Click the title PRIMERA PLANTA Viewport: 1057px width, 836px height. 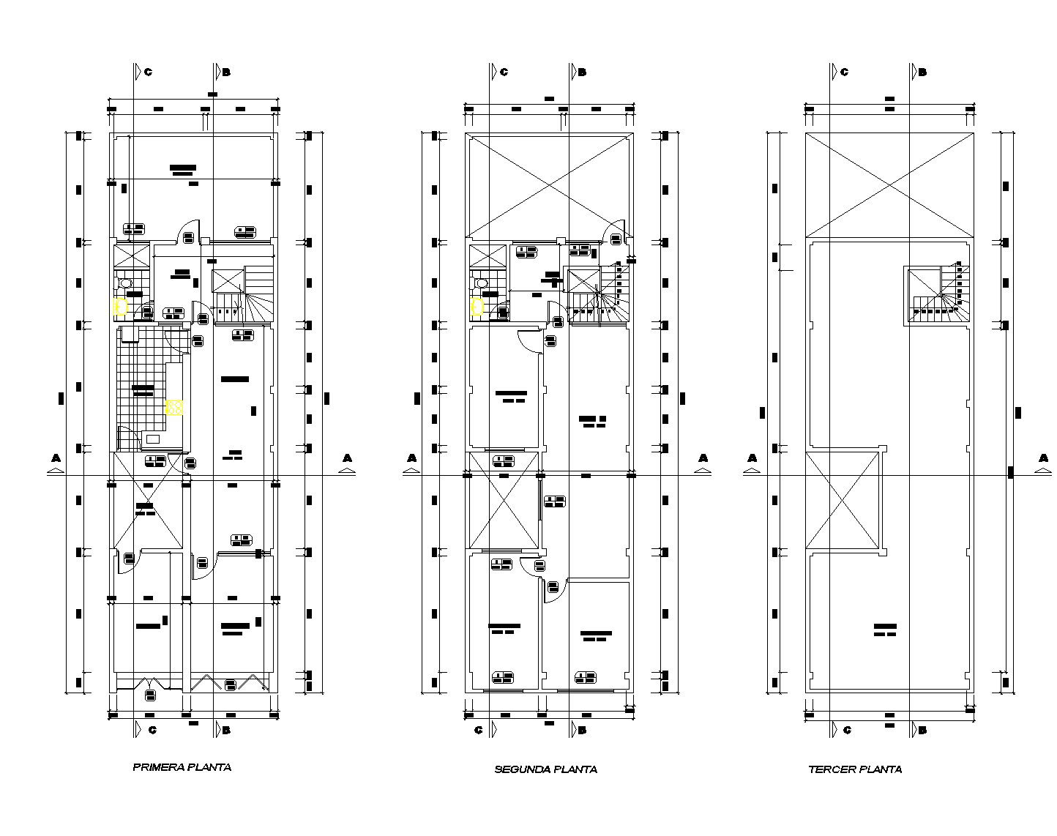(x=182, y=767)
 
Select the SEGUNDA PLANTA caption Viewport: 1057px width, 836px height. (x=545, y=769)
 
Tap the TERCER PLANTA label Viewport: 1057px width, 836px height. (x=854, y=769)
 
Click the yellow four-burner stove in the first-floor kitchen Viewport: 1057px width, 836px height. (x=174, y=407)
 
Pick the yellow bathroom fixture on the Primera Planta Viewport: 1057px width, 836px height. (x=121, y=307)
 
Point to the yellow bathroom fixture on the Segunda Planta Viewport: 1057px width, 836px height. (x=477, y=307)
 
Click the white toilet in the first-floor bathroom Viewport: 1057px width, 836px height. (x=125, y=282)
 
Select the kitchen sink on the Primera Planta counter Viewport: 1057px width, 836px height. (x=153, y=438)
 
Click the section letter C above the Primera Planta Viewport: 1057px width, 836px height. (x=148, y=72)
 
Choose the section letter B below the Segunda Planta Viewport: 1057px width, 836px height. (x=582, y=730)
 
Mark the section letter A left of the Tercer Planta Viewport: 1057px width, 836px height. (x=752, y=458)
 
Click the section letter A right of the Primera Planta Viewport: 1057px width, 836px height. (x=347, y=458)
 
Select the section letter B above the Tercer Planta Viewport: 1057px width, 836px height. (x=922, y=72)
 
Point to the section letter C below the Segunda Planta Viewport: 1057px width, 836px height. (x=479, y=730)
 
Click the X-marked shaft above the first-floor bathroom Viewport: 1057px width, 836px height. (x=131, y=256)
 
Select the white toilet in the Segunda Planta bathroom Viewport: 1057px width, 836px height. (x=482, y=282)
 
